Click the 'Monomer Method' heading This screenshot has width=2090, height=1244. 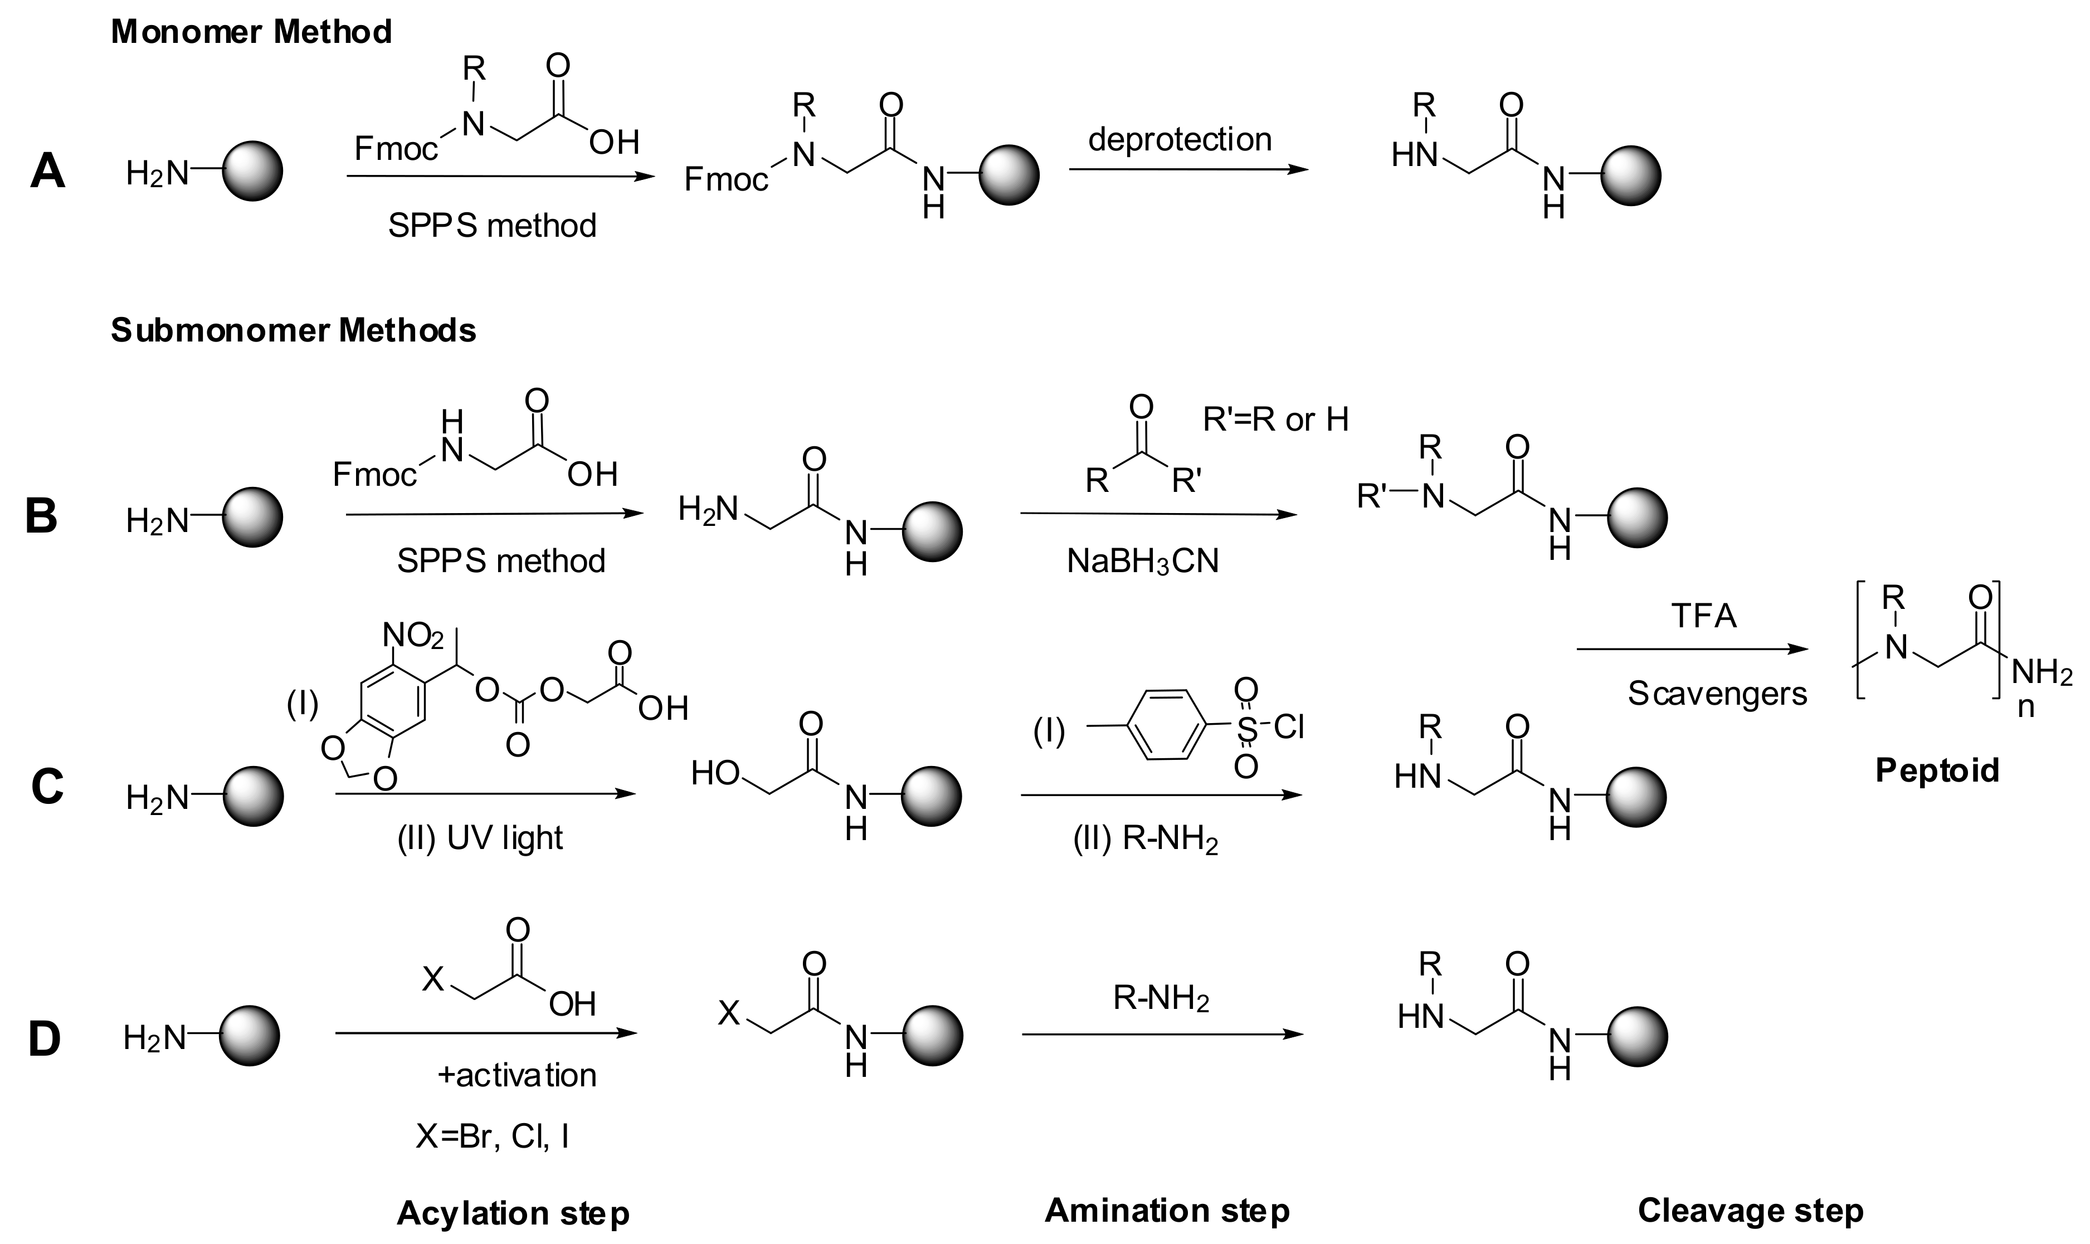(x=251, y=32)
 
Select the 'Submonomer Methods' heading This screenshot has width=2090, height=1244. (x=294, y=331)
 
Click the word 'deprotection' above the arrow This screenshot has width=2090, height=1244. (x=1180, y=139)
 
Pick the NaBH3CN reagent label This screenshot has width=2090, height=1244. (x=1143, y=561)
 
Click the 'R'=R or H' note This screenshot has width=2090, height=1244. (x=1275, y=419)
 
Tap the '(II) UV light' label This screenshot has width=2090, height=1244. (x=480, y=837)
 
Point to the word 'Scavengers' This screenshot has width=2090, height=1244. (x=1717, y=693)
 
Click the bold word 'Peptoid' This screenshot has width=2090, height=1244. (x=1937, y=769)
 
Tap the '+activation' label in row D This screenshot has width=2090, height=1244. (x=517, y=1076)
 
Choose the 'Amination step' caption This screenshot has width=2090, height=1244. (x=1167, y=1209)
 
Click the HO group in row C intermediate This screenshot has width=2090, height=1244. (x=714, y=773)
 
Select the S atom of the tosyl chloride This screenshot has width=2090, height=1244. (x=1246, y=728)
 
